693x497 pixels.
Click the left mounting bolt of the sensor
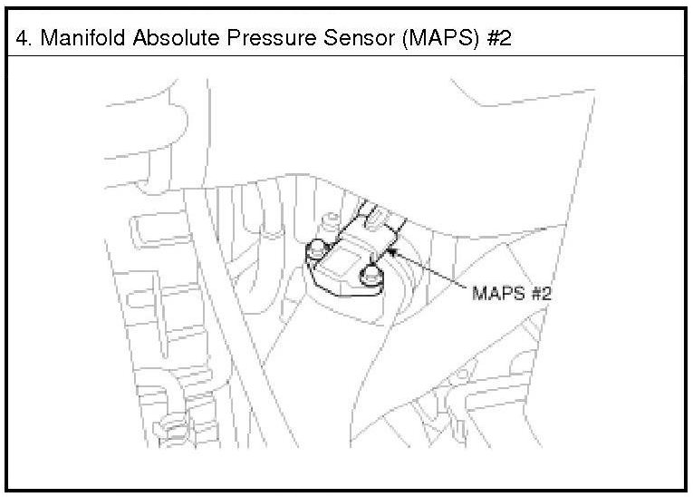click(x=316, y=248)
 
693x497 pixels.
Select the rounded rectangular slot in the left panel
click(x=148, y=229)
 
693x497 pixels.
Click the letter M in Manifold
click(x=48, y=41)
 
